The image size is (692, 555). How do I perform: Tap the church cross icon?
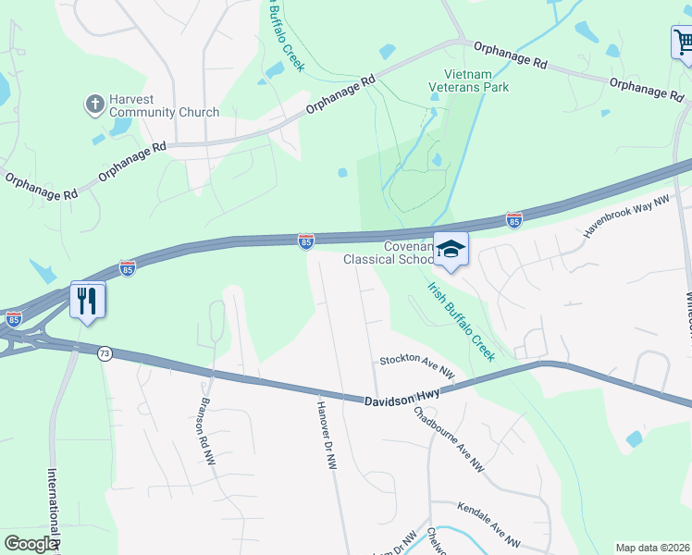point(94,105)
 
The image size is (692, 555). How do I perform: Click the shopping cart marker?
point(682,43)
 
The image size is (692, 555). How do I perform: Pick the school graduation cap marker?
point(451,249)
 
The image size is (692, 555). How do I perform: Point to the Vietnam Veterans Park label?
point(469,80)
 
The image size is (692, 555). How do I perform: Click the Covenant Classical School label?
point(389,253)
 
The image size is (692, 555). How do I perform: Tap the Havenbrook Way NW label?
point(625,217)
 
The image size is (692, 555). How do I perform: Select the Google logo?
point(31,544)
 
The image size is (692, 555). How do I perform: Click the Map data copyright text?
point(652,548)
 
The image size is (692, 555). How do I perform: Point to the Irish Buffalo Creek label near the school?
point(461,321)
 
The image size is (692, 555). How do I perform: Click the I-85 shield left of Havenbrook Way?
point(514,220)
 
